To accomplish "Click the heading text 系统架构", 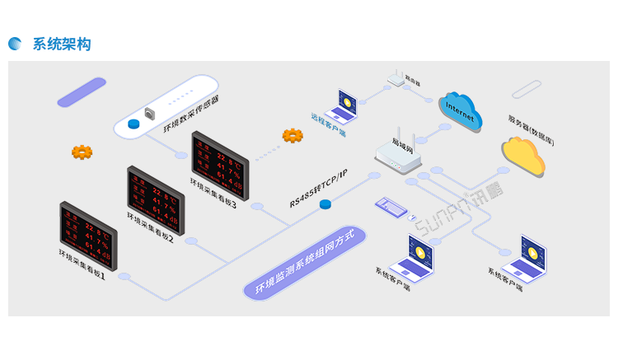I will [62, 44].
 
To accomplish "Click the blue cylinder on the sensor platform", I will [133, 124].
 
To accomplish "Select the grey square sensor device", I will [150, 113].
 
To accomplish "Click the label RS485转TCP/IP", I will [319, 188].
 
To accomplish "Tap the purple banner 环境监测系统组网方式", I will [304, 263].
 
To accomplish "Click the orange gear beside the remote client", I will [293, 135].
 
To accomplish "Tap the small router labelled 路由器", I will [396, 78].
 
